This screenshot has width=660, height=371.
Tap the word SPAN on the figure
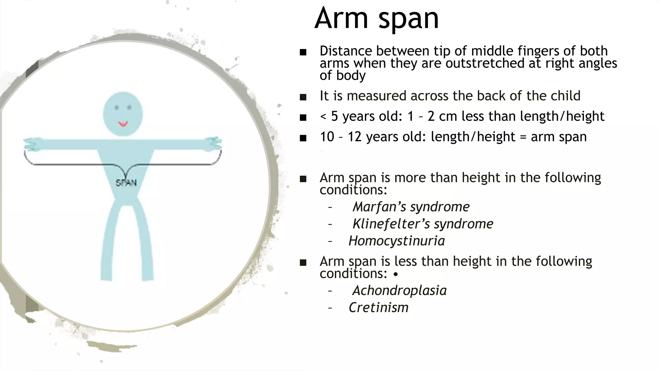coord(126,183)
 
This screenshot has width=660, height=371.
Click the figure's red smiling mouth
coord(123,124)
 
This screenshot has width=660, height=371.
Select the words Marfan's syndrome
coord(411,207)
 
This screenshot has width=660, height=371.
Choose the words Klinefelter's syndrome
coord(423,224)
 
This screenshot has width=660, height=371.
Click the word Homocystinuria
coord(397,241)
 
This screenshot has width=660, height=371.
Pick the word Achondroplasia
coord(400,290)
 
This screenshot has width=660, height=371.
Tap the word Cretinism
coord(379,308)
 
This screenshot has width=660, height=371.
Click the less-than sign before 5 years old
coord(323,117)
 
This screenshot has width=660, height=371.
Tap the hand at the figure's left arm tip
coord(32,144)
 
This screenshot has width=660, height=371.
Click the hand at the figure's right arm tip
coord(213,144)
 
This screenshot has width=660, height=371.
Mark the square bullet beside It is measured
coord(303,97)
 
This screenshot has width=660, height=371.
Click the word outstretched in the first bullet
coord(485,63)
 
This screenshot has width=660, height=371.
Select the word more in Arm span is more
coord(408,178)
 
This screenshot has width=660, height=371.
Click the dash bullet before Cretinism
coord(330,308)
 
